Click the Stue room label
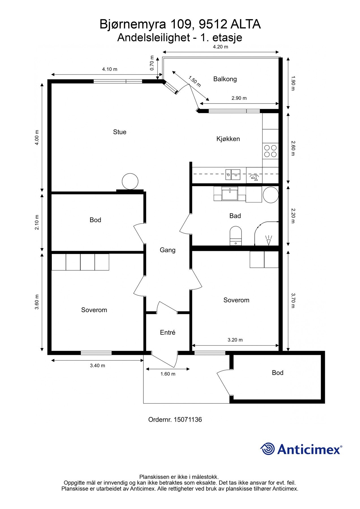(x=120, y=132)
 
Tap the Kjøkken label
(x=228, y=139)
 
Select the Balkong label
(x=225, y=79)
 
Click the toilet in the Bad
(x=236, y=235)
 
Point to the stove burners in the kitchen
(x=270, y=151)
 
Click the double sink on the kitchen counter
(x=233, y=174)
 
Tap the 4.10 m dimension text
(x=109, y=69)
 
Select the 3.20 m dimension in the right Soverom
(x=235, y=340)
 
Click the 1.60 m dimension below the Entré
(x=168, y=374)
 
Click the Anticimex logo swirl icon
(x=267, y=449)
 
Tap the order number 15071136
(x=187, y=420)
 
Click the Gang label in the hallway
(x=167, y=250)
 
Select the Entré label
(x=168, y=333)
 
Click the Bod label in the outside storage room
(x=277, y=373)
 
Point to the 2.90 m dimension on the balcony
(x=239, y=98)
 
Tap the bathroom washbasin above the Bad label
(x=230, y=194)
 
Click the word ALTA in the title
(x=245, y=25)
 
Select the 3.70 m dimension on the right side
(x=293, y=301)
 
